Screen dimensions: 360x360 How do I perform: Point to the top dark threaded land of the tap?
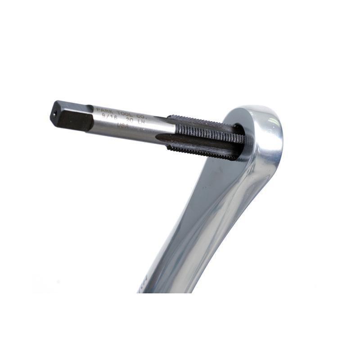(198, 122)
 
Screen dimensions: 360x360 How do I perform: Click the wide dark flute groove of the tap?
(198, 142)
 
